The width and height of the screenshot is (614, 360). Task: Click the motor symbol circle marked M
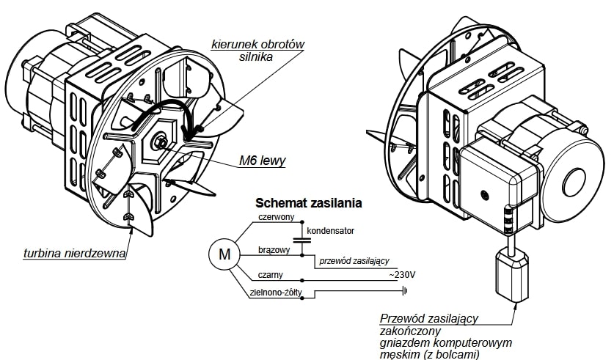[x=225, y=254]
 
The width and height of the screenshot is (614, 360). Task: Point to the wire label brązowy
[x=274, y=249]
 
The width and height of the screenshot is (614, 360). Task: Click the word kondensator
[x=332, y=231]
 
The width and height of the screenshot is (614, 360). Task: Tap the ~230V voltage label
[x=401, y=276]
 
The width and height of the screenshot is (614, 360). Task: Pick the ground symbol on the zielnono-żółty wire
[x=404, y=292]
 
